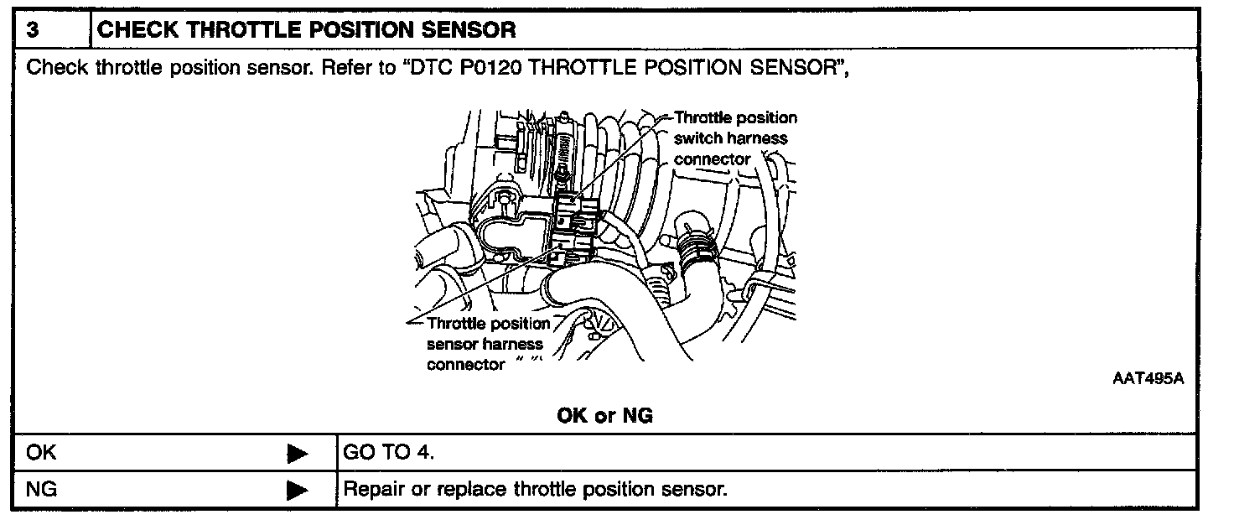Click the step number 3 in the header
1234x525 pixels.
[x=33, y=29]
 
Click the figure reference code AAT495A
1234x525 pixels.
[x=1148, y=378]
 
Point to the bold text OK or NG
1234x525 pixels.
[x=605, y=415]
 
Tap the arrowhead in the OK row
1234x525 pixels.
[x=298, y=454]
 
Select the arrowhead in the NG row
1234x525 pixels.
[x=298, y=490]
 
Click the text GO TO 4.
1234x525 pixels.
[x=388, y=452]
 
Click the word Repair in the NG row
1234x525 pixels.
[x=374, y=489]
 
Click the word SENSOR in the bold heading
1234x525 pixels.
[x=469, y=29]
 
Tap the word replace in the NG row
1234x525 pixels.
[x=472, y=489]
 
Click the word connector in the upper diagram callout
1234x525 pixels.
[x=712, y=159]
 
